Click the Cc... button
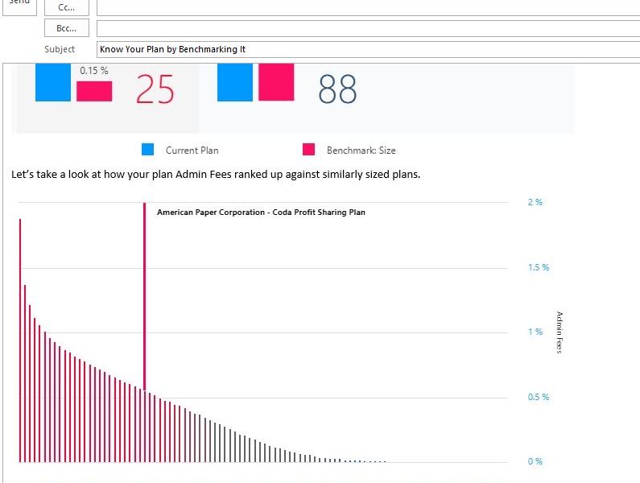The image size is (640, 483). [66, 7]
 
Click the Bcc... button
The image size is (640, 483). [66, 28]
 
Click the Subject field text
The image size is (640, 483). [172, 49]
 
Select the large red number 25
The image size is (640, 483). [155, 89]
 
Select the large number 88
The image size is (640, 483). [337, 89]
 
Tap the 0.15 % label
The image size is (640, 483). [94, 71]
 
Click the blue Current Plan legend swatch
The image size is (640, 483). [147, 150]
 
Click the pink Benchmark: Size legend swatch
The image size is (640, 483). [308, 150]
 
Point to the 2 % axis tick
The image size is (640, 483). [535, 202]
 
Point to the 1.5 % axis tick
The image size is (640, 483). [539, 267]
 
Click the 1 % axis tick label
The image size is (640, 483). [535, 332]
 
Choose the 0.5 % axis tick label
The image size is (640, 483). [539, 397]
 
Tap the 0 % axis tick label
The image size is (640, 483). [535, 461]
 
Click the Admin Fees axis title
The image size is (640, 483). [559, 332]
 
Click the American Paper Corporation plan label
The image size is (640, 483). [261, 213]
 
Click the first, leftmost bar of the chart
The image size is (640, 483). [20, 338]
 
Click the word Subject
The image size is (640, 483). [59, 49]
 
